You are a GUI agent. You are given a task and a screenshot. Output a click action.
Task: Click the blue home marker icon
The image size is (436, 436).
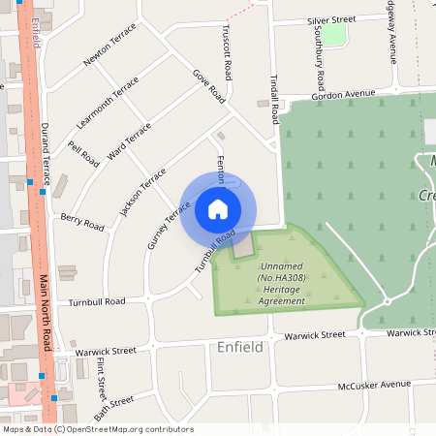(218, 209)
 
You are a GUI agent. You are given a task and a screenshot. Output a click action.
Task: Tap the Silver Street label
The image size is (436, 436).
(331, 19)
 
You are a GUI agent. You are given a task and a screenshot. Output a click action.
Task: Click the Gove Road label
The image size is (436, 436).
(208, 85)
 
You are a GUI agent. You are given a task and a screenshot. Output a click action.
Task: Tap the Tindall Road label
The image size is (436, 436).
(274, 98)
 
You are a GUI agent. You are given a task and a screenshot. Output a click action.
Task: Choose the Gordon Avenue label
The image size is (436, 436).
(343, 94)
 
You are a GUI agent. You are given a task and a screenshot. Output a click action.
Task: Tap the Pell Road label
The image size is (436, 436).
(84, 153)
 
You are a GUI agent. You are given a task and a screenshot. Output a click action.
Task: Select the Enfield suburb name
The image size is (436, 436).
(239, 346)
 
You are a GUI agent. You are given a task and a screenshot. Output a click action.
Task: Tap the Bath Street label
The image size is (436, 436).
(114, 401)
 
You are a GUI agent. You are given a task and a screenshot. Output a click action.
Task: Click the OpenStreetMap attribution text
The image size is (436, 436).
(97, 428)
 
